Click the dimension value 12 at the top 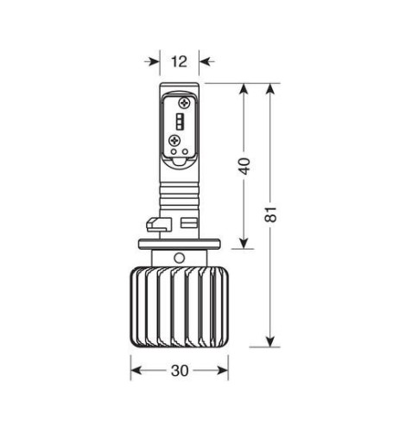(180, 61)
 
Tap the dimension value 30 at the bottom (180, 371)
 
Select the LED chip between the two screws (180, 119)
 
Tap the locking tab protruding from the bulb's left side (154, 226)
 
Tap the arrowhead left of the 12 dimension (155, 61)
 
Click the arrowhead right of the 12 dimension (204, 61)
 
